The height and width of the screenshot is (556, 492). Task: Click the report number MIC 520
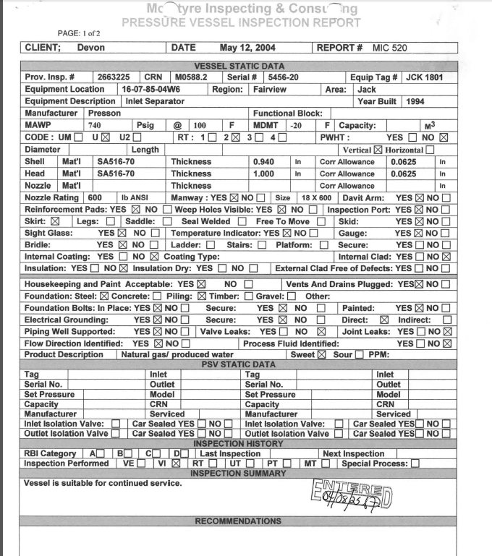pyautogui.click(x=390, y=48)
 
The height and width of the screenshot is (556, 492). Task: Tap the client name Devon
pyautogui.click(x=90, y=48)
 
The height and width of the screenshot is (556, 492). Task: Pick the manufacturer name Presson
pyautogui.click(x=104, y=114)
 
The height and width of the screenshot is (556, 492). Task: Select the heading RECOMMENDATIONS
pyautogui.click(x=238, y=521)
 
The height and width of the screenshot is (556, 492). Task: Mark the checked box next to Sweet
pyautogui.click(x=323, y=355)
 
